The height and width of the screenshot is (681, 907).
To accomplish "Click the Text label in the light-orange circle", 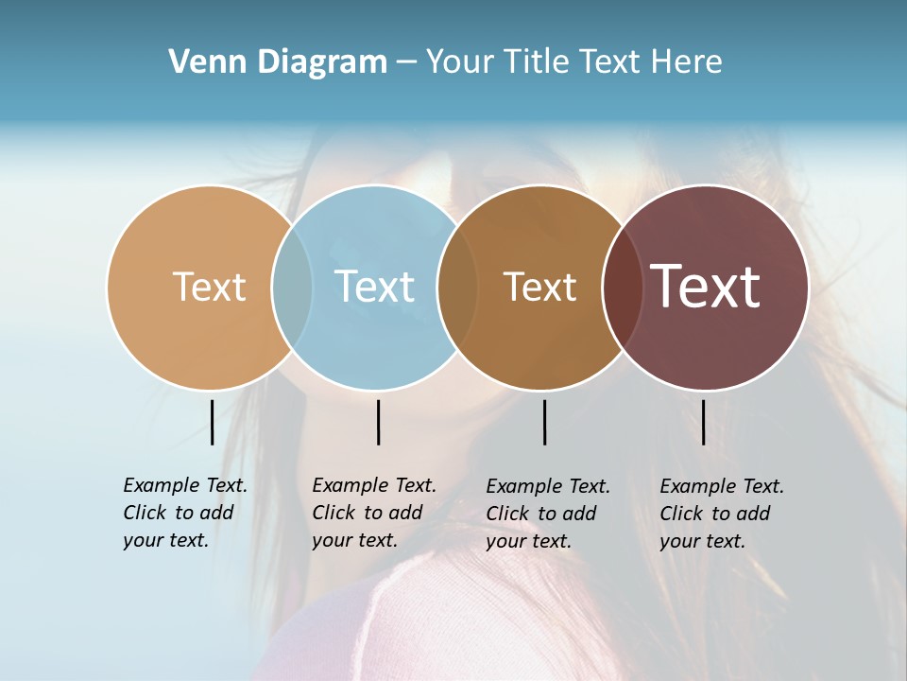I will tap(209, 287).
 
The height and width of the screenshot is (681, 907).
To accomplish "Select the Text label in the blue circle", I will tap(374, 287).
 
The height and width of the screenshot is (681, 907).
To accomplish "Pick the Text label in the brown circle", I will tap(539, 287).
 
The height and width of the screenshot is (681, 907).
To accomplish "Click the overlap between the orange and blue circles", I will tap(292, 288).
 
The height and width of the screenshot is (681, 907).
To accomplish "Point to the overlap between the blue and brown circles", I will tap(457, 288).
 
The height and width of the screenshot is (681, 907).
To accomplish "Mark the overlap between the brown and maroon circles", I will tap(622, 288).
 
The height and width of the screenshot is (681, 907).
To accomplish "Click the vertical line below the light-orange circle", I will tap(212, 422).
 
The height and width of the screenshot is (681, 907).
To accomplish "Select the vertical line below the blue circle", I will tap(378, 422).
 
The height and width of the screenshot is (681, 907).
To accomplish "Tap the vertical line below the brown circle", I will tap(544, 422).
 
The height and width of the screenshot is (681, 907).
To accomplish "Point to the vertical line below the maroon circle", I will tap(703, 422).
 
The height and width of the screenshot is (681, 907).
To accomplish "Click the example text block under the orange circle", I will tap(185, 513).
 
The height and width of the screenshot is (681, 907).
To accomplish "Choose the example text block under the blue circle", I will tap(374, 513).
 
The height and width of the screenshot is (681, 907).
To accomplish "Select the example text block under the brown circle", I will tap(548, 514).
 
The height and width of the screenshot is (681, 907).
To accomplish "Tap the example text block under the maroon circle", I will tap(722, 514).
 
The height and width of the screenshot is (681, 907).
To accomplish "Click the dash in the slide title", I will tap(406, 62).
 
